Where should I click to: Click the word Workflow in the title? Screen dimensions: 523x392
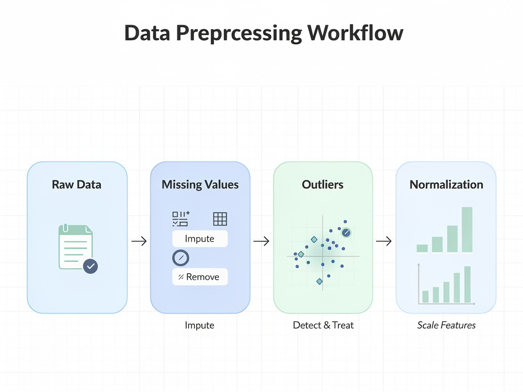point(355,33)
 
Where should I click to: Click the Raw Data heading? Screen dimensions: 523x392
point(76,185)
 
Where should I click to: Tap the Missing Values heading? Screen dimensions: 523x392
point(200,185)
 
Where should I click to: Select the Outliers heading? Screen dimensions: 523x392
point(323,185)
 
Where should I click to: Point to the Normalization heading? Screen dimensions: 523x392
point(446,185)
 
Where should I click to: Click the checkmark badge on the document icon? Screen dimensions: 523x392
point(90,266)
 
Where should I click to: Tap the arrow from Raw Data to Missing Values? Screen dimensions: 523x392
point(139,241)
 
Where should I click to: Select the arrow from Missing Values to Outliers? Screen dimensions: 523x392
point(261,241)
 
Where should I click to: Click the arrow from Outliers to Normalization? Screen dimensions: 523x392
point(384,241)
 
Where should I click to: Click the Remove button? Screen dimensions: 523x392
point(200,276)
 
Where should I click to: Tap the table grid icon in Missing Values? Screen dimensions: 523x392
point(220,219)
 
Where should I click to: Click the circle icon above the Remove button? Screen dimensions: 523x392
point(181,258)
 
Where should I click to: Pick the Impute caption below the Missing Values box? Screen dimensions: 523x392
point(199,325)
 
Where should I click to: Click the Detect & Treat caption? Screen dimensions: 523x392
point(323,325)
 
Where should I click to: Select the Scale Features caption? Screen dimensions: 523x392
point(446,325)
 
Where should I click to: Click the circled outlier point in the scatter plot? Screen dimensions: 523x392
point(346,233)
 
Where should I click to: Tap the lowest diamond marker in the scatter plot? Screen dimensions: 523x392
point(320,282)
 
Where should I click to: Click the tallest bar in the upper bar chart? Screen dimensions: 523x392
point(467,229)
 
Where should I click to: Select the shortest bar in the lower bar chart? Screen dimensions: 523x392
point(425,297)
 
